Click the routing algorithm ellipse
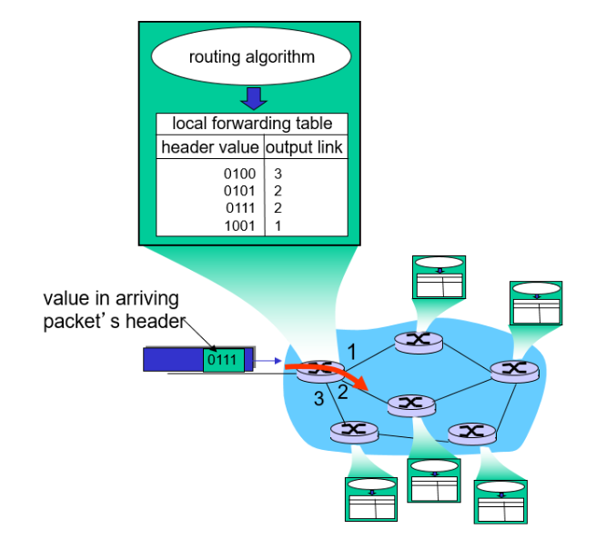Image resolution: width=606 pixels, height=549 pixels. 251,57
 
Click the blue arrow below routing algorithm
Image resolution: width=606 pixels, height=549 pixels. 252,97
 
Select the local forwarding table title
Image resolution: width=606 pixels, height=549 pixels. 252,125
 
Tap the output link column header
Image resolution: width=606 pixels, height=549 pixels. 305,147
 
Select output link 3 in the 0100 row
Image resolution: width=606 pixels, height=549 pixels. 278,173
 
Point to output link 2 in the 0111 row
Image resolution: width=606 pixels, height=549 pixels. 278,207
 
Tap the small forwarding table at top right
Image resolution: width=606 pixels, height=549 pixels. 535,302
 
